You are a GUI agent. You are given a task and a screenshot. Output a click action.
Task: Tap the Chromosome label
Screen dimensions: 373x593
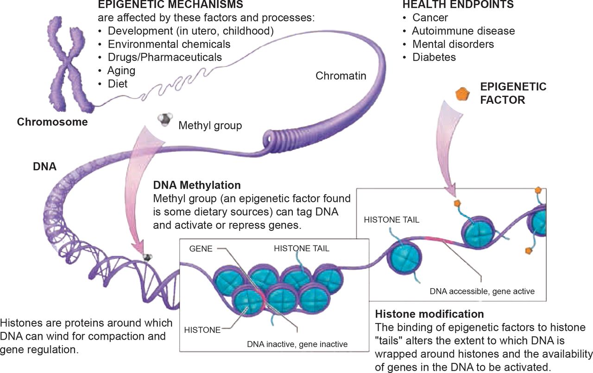(52, 122)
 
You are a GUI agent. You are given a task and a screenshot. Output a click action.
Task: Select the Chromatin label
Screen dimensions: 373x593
(341, 76)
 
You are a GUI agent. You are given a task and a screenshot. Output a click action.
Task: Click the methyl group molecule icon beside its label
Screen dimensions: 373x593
(164, 120)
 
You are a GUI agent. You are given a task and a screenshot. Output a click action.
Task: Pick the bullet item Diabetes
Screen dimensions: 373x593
(434, 57)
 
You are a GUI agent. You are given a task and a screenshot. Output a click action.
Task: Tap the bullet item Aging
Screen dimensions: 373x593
(121, 71)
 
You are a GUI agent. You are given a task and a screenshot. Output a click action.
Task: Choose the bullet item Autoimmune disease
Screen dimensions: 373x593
(463, 31)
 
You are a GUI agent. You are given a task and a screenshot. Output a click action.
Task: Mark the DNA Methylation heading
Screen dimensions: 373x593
(197, 185)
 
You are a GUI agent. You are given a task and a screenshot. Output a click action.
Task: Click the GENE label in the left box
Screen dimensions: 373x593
(201, 249)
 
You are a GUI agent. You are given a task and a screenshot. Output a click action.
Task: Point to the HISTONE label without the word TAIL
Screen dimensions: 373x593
(202, 330)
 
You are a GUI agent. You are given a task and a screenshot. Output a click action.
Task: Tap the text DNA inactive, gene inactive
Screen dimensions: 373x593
(297, 344)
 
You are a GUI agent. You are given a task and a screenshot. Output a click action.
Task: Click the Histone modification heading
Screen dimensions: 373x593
(429, 314)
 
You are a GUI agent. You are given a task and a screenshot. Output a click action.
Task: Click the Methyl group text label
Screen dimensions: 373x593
(210, 126)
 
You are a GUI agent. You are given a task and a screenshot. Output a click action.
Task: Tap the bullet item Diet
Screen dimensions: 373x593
(117, 84)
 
